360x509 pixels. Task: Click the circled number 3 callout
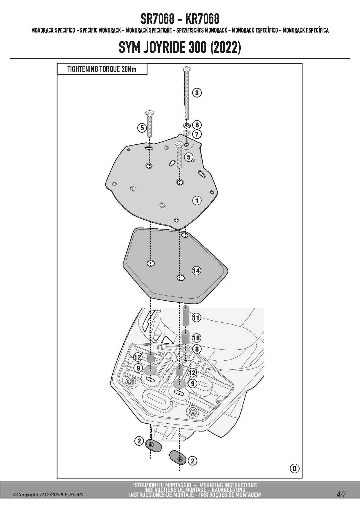197,93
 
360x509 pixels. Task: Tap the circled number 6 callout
197,125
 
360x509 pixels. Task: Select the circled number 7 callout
197,134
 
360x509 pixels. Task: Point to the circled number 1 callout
197,201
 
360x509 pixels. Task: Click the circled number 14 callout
196,271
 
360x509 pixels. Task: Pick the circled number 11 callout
196,317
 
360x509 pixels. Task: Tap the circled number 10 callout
196,338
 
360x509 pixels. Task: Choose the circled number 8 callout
197,349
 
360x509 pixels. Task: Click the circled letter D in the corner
295,468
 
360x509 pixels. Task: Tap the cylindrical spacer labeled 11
186,316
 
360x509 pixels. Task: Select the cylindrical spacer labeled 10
186,337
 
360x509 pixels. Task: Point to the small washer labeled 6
186,126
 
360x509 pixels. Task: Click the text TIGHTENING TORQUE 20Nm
102,69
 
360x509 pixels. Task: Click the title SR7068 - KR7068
180,19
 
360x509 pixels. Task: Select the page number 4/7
341,494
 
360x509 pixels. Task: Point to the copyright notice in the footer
48,494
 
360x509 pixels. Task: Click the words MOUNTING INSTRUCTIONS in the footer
228,485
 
